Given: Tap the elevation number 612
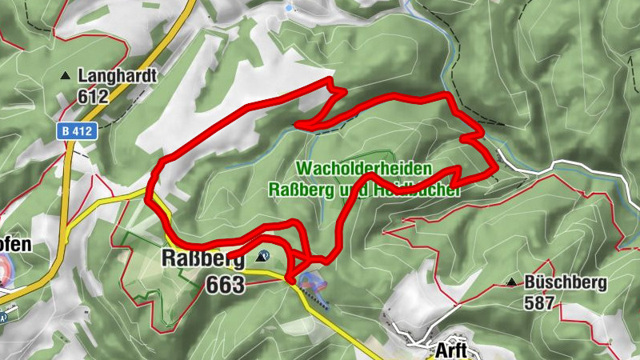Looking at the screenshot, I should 93,96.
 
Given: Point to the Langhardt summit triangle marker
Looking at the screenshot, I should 65,76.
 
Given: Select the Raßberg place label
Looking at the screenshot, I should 202,258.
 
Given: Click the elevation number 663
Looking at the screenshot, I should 225,284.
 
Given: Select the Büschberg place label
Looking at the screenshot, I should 566,282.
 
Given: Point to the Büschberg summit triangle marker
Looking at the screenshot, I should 511,282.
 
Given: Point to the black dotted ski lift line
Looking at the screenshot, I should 317,299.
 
